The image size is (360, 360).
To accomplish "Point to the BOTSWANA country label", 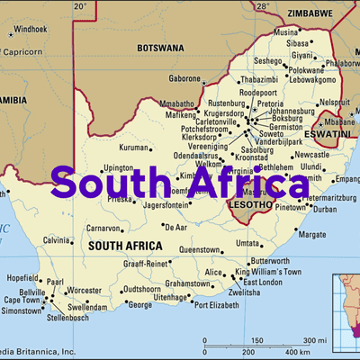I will pos(160,47).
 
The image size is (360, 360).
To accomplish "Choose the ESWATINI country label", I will pos(332,132).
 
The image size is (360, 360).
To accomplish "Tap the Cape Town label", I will pos(22,300).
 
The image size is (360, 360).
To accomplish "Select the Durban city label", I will pos(325,209).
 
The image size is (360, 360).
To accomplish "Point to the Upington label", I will pos(117,167).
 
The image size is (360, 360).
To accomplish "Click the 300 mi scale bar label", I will pos(314,340).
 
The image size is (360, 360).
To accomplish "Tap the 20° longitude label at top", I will pos(79,5).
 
